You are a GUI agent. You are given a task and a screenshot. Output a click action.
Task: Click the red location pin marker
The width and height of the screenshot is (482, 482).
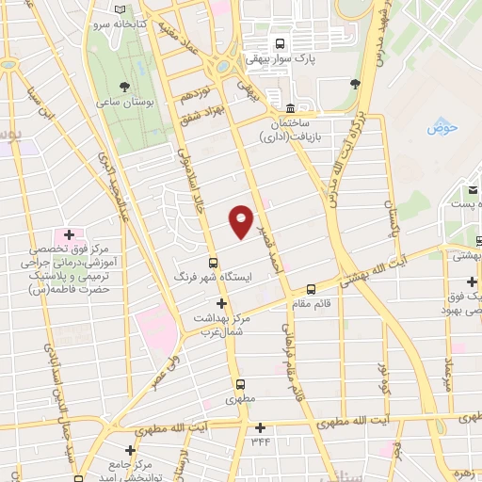tap(241, 221)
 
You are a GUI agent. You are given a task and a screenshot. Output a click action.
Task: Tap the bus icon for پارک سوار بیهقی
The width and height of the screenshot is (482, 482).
tap(279, 43)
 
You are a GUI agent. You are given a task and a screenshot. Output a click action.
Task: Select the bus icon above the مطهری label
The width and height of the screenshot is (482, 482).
tap(241, 384)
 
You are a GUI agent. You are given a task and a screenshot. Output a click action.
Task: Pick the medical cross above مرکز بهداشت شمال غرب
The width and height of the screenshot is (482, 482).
tap(222, 303)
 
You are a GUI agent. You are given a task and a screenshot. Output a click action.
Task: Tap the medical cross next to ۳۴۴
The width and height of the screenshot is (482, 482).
tap(256, 427)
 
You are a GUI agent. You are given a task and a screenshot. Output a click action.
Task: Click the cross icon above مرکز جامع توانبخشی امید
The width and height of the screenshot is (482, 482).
tap(131, 451)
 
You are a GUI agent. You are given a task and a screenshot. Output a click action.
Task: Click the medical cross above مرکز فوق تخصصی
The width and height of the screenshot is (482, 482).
tap(70, 233)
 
